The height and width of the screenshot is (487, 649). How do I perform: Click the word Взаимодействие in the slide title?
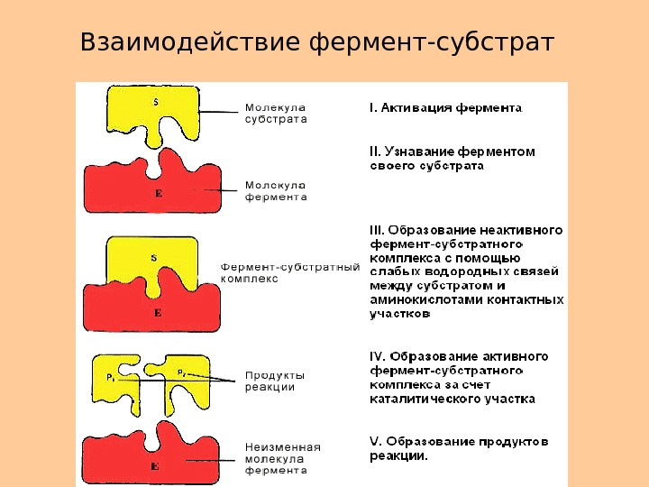191,42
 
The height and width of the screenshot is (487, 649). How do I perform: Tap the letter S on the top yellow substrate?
155,102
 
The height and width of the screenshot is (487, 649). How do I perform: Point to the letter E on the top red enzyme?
158,194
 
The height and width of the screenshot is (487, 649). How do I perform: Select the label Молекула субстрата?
276,112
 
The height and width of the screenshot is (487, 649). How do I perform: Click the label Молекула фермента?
276,190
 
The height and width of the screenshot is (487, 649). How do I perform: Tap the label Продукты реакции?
275,381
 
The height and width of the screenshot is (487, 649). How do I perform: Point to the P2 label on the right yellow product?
181,372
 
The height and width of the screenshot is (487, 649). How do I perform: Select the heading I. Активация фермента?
445,107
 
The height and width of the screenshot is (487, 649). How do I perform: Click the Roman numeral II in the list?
377,152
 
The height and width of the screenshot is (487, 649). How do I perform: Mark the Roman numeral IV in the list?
379,355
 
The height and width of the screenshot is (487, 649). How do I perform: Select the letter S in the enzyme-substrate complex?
153,258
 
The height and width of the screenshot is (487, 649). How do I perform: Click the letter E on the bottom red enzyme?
155,467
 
